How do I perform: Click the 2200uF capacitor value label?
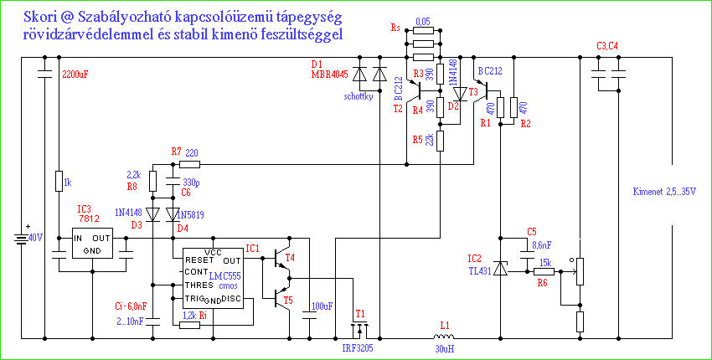tap(75, 75)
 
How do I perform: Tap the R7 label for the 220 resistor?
tap(176, 152)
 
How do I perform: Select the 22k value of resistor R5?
tap(430, 140)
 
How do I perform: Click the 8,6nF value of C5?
tap(544, 245)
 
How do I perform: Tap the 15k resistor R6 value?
tap(544, 263)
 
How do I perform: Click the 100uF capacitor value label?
tap(322, 306)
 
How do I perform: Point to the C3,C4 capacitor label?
tap(606, 45)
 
